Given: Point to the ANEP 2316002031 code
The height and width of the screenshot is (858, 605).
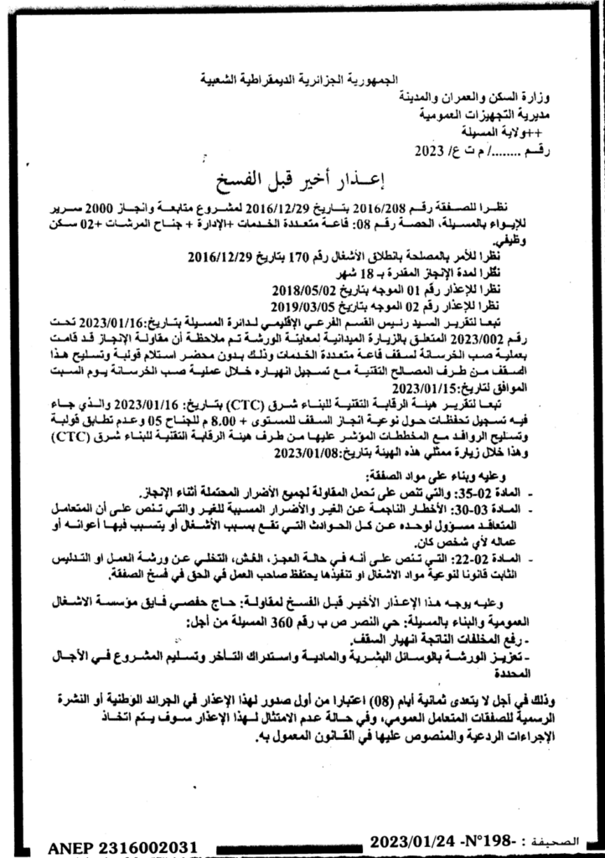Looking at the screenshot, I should (115, 847).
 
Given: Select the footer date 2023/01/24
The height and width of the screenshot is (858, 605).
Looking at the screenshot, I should (411, 840).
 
